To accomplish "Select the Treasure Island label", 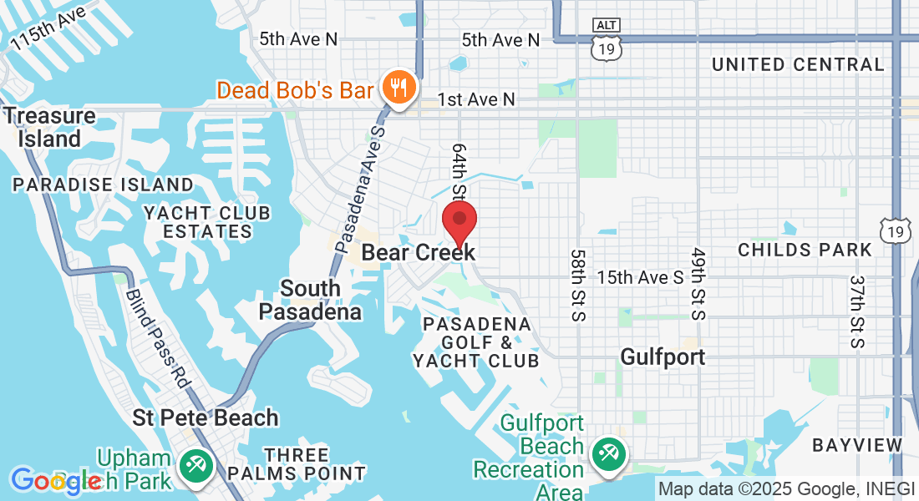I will tap(50, 127).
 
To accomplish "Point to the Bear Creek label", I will tap(419, 252).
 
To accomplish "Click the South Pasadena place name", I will tap(310, 300).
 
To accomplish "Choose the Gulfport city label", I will tap(663, 357).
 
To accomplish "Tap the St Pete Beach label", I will tap(206, 417).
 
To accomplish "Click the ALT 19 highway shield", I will tap(605, 41).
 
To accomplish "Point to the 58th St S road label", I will tap(577, 284).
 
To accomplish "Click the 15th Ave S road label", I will tap(640, 276).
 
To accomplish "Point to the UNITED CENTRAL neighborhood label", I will tap(797, 64).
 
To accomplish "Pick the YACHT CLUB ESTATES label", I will tap(207, 222).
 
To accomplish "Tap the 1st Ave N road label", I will tap(476, 99).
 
